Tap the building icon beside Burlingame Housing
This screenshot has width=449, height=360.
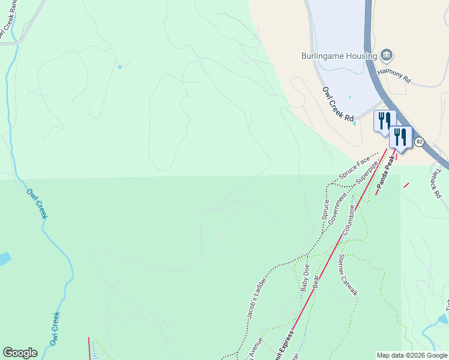387,56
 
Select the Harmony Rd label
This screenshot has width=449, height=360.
394,74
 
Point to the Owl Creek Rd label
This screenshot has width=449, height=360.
337,104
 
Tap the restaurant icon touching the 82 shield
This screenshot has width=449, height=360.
400,137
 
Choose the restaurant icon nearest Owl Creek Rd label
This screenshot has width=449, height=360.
384,120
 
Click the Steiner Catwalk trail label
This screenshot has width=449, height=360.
348,274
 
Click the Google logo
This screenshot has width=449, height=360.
20,353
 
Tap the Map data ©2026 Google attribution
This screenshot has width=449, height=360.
412,355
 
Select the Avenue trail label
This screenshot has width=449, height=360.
256,347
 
